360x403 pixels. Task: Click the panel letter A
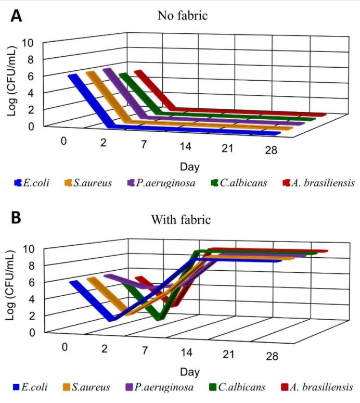[16, 16]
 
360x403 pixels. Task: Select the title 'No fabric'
[183, 16]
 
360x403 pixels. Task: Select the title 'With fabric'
[181, 220]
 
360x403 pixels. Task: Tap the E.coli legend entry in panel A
[32, 183]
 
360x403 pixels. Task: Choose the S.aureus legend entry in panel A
[88, 183]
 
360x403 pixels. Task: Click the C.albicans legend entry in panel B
[238, 387]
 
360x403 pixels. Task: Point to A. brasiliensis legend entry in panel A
[319, 183]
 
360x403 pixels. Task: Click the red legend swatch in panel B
[285, 387]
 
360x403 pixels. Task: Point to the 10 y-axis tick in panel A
[27, 43]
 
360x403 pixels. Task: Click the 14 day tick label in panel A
[185, 146]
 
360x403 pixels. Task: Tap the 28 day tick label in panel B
[272, 356]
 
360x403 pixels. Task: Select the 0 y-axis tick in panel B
[32, 333]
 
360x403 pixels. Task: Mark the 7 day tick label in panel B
[145, 350]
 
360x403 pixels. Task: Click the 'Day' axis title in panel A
[190, 167]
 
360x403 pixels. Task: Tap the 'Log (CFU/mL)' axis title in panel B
[10, 285]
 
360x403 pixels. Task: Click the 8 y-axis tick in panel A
[31, 60]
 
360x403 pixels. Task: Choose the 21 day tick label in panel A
[227, 148]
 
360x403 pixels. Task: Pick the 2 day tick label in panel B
[104, 348]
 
